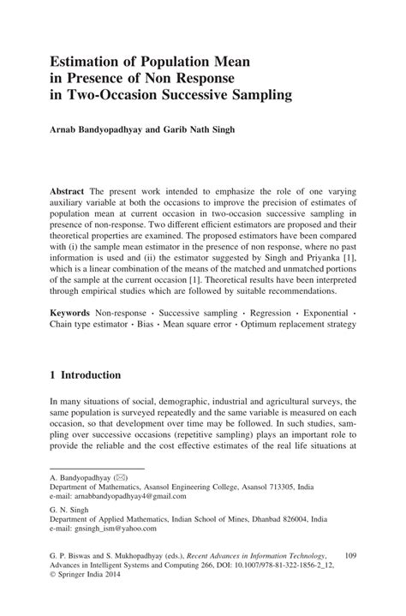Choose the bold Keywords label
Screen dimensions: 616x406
(72, 314)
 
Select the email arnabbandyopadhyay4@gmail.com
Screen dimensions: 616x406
(118, 496)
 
